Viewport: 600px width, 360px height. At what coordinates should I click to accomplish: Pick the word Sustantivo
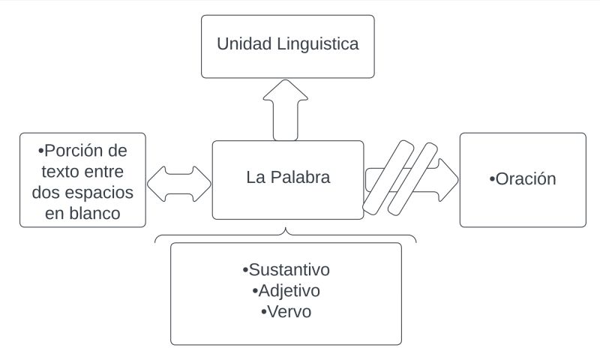[289, 269]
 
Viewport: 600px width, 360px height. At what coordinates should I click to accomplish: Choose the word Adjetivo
[289, 290]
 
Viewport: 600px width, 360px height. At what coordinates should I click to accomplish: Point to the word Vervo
[289, 310]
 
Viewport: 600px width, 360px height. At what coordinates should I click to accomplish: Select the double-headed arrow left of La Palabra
[179, 184]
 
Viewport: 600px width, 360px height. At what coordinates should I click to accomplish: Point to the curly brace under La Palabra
[286, 235]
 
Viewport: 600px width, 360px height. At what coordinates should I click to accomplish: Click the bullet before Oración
[492, 180]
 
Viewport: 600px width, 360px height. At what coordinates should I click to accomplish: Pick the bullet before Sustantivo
[245, 270]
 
